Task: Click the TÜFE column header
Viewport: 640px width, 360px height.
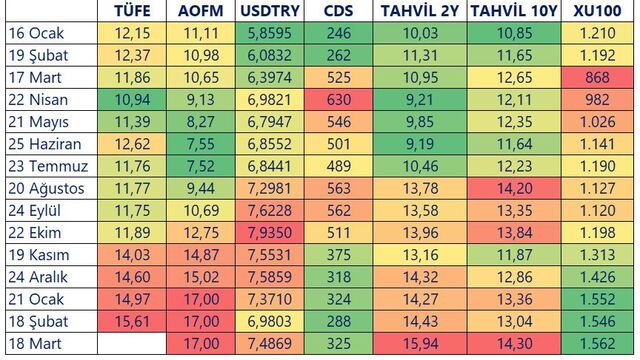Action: pos(132,11)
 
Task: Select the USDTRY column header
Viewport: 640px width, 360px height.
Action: pos(270,11)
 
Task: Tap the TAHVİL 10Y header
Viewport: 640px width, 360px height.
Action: pos(514,11)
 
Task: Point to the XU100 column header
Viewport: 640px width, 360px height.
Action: pos(598,11)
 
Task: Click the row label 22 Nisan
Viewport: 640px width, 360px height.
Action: pos(38,100)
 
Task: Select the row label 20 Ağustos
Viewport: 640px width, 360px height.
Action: pos(46,189)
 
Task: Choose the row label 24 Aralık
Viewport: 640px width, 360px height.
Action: pos(38,277)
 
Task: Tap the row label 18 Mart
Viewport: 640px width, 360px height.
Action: pos(35,344)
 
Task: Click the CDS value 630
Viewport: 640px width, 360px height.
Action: pos(338,100)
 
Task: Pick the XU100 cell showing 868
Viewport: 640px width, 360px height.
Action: pos(598,78)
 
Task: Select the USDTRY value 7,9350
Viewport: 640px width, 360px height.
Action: pos(270,233)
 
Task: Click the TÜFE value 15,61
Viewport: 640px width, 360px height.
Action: pos(132,322)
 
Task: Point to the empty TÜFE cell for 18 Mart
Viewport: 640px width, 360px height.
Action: pos(132,344)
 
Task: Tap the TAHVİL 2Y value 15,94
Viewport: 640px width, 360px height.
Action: pos(420,344)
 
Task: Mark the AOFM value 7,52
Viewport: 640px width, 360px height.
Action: pos(201,166)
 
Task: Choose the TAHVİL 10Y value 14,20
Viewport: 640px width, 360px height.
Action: pos(514,189)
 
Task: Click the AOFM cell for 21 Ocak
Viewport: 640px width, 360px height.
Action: pos(201,299)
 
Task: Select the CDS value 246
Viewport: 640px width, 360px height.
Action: pos(338,33)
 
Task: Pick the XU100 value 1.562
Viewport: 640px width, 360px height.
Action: pos(598,344)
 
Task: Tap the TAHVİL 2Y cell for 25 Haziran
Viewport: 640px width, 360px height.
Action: pos(420,144)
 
